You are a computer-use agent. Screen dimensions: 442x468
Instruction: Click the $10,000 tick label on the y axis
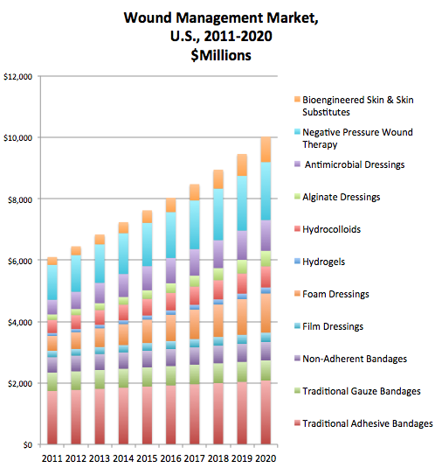[x=17, y=138]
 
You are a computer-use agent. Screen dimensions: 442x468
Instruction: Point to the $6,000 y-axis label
[x=20, y=262]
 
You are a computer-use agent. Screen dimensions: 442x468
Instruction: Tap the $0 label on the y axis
[x=27, y=445]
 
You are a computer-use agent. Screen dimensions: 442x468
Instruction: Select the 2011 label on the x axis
[x=52, y=458]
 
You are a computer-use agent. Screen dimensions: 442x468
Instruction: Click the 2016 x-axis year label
[x=171, y=458]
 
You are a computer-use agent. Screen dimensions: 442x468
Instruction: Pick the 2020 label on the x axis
[x=266, y=458]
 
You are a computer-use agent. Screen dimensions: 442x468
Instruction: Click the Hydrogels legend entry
[x=320, y=262]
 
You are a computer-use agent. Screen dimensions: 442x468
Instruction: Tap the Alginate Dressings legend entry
[x=337, y=197]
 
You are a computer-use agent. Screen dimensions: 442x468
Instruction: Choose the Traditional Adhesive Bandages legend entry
[x=363, y=423]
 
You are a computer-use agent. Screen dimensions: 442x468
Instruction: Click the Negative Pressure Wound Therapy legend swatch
[x=297, y=131]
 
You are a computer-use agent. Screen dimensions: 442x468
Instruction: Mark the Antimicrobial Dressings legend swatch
[x=297, y=164]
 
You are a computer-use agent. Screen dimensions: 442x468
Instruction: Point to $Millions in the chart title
[x=221, y=55]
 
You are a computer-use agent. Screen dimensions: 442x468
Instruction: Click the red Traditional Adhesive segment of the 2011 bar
[x=52, y=417]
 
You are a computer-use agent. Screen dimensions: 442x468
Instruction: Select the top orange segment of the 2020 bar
[x=266, y=150]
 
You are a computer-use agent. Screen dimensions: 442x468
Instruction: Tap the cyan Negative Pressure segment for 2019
[x=242, y=203]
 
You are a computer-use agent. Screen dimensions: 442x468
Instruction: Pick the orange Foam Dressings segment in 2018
[x=218, y=320]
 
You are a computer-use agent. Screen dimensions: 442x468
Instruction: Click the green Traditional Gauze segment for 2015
[x=147, y=377]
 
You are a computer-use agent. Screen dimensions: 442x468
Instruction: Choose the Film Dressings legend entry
[x=328, y=326]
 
